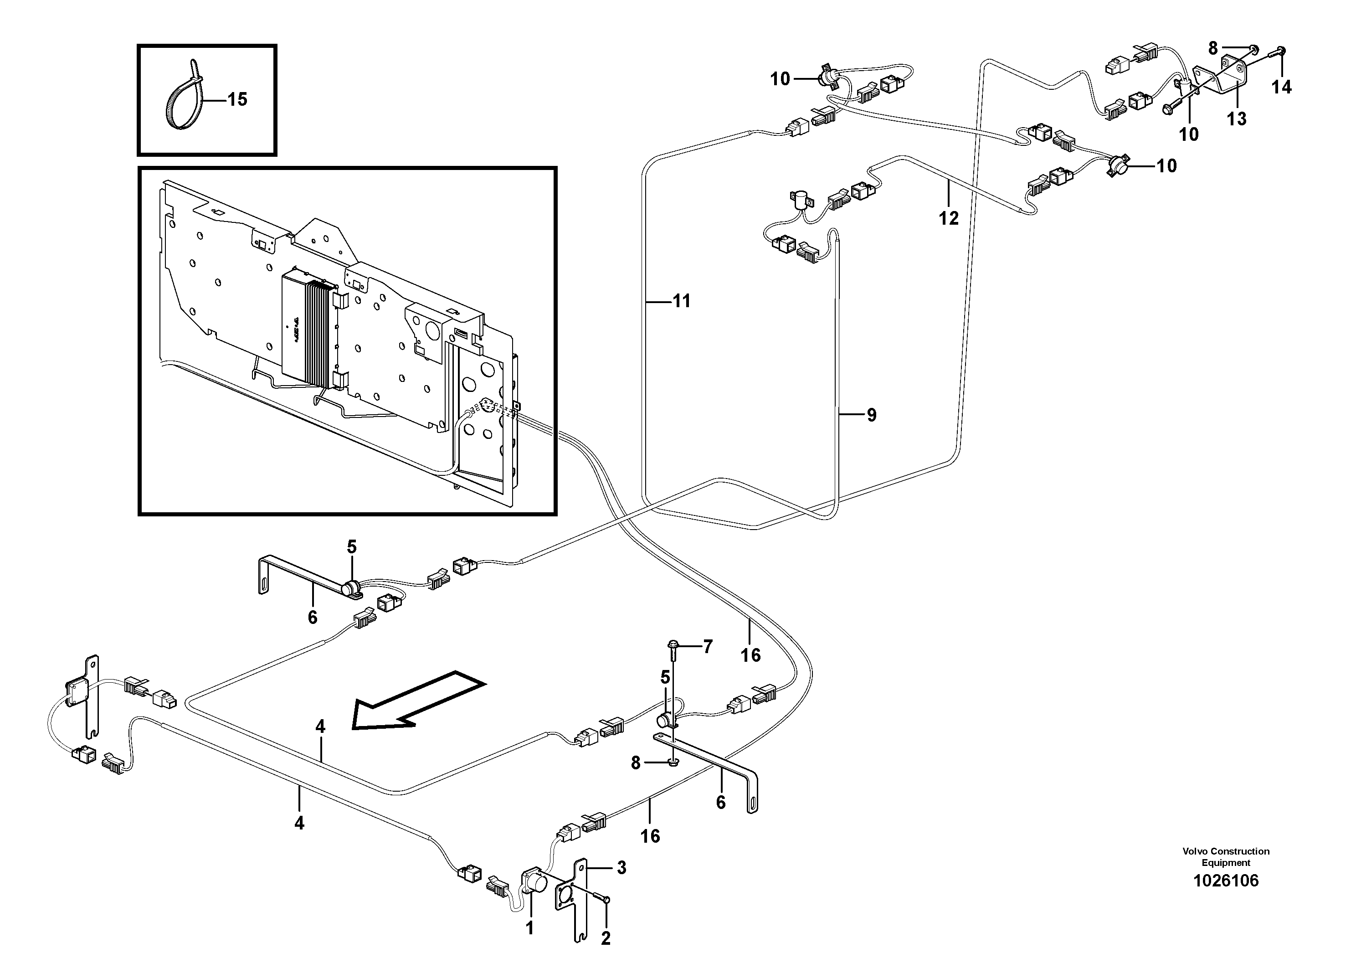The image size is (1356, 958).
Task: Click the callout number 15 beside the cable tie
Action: tap(237, 99)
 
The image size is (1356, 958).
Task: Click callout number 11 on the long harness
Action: tap(682, 302)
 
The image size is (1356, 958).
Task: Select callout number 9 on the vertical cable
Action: tap(871, 415)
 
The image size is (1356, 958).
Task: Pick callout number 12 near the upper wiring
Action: tap(949, 218)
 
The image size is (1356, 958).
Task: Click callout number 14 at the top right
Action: tap(1282, 88)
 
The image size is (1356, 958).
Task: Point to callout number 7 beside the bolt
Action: tap(708, 647)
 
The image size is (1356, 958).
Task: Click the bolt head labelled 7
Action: tap(674, 644)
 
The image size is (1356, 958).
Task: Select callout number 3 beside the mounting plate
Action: tap(621, 868)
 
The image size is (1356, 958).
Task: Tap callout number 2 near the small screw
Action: tap(606, 937)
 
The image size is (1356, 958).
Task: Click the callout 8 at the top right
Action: tap(1212, 48)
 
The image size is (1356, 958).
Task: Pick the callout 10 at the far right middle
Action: tap(1166, 166)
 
